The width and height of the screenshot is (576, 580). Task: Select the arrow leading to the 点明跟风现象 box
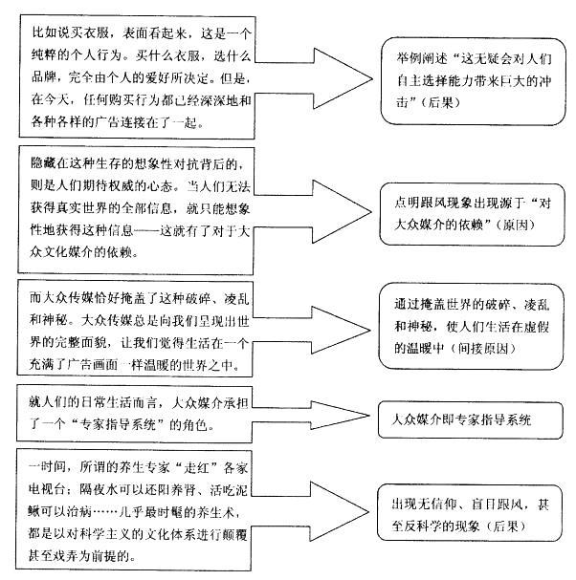(x=325, y=203)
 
